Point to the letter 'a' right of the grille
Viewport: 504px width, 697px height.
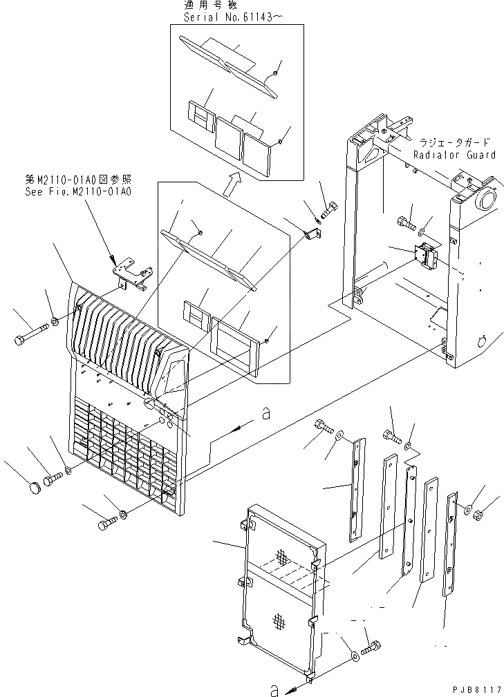[264, 414]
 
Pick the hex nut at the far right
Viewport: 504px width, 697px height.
[482, 513]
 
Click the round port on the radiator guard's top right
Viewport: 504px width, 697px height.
[482, 200]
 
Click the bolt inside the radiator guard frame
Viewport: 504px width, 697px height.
[407, 223]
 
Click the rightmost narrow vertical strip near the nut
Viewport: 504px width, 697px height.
[453, 542]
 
